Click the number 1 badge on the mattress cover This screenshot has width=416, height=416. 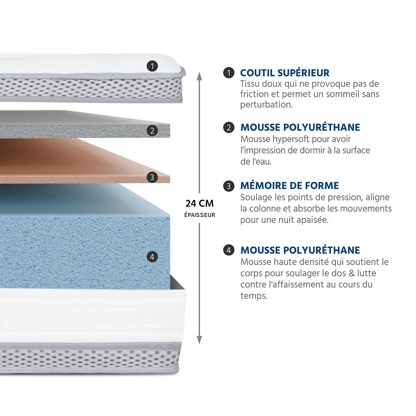pos(152,66)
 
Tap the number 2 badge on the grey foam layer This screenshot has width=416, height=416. pos(152,130)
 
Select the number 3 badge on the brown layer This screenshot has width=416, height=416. pos(152,177)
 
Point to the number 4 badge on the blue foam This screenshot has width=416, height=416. pos(152,257)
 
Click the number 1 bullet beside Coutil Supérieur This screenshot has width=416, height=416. pos(229,73)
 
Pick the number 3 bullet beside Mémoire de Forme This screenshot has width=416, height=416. pos(229,186)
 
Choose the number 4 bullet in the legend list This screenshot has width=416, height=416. pos(229,250)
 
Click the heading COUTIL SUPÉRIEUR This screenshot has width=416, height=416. pos(285,73)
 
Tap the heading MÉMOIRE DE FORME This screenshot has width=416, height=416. pos(289,186)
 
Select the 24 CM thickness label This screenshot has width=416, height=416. pos(199,203)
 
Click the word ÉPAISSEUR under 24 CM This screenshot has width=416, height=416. pos(200,215)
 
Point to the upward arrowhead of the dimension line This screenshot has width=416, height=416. pos(199,76)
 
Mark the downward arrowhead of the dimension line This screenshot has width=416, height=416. pos(199,340)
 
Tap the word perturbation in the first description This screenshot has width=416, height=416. pos(266,105)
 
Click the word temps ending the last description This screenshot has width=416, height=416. pos(254,296)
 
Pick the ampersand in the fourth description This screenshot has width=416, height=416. pos(352,273)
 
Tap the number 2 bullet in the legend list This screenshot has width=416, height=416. pos(229,127)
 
